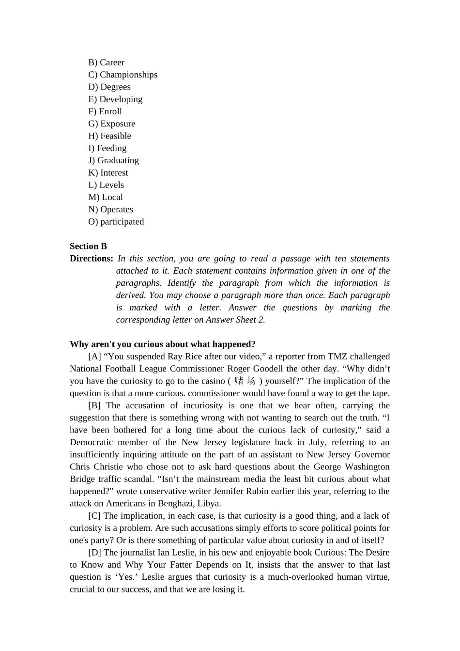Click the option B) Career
pyautogui.click(x=106, y=62)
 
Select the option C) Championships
pyautogui.click(x=123, y=75)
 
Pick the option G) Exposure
pyautogui.click(x=111, y=124)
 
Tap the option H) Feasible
pyautogui.click(x=109, y=136)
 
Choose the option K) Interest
pyautogui.click(x=108, y=173)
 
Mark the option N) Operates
pyautogui.click(x=110, y=210)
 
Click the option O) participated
pyautogui.click(x=116, y=222)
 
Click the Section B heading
pyautogui.click(x=88, y=247)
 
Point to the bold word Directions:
pyautogui.click(x=91, y=259)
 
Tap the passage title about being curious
pyautogui.click(x=162, y=344)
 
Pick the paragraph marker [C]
pyautogui.click(x=94, y=516)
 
